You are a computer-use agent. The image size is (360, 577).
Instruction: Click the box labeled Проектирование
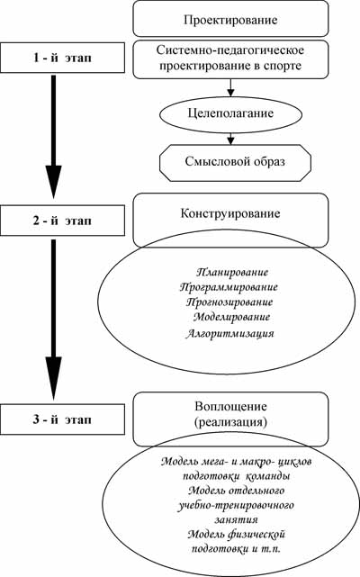click(230, 18)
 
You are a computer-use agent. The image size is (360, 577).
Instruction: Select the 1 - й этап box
click(63, 58)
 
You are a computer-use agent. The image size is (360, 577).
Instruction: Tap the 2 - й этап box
click(63, 221)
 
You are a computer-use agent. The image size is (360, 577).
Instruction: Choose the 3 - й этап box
click(63, 419)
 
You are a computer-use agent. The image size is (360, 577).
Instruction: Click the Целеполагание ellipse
click(230, 114)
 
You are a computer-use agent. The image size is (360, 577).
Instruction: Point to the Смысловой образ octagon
click(235, 163)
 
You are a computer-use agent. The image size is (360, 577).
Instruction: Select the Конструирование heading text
click(230, 213)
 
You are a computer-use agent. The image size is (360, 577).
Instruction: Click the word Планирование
click(232, 273)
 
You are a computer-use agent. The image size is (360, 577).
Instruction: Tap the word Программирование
click(229, 287)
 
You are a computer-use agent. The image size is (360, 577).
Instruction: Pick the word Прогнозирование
click(229, 302)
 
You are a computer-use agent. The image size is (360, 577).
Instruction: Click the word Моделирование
click(231, 317)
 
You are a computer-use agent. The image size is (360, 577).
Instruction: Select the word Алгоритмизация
click(229, 333)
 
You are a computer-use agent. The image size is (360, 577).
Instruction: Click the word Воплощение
click(230, 407)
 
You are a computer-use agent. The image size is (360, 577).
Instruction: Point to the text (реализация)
click(230, 422)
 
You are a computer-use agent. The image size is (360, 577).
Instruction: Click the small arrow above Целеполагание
click(230, 87)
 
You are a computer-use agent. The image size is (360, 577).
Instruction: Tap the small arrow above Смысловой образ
click(230, 139)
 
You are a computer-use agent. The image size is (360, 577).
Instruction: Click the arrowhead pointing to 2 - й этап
click(54, 182)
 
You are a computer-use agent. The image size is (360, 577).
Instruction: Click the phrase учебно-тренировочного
click(237, 505)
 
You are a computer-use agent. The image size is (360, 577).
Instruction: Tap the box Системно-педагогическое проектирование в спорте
click(230, 59)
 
